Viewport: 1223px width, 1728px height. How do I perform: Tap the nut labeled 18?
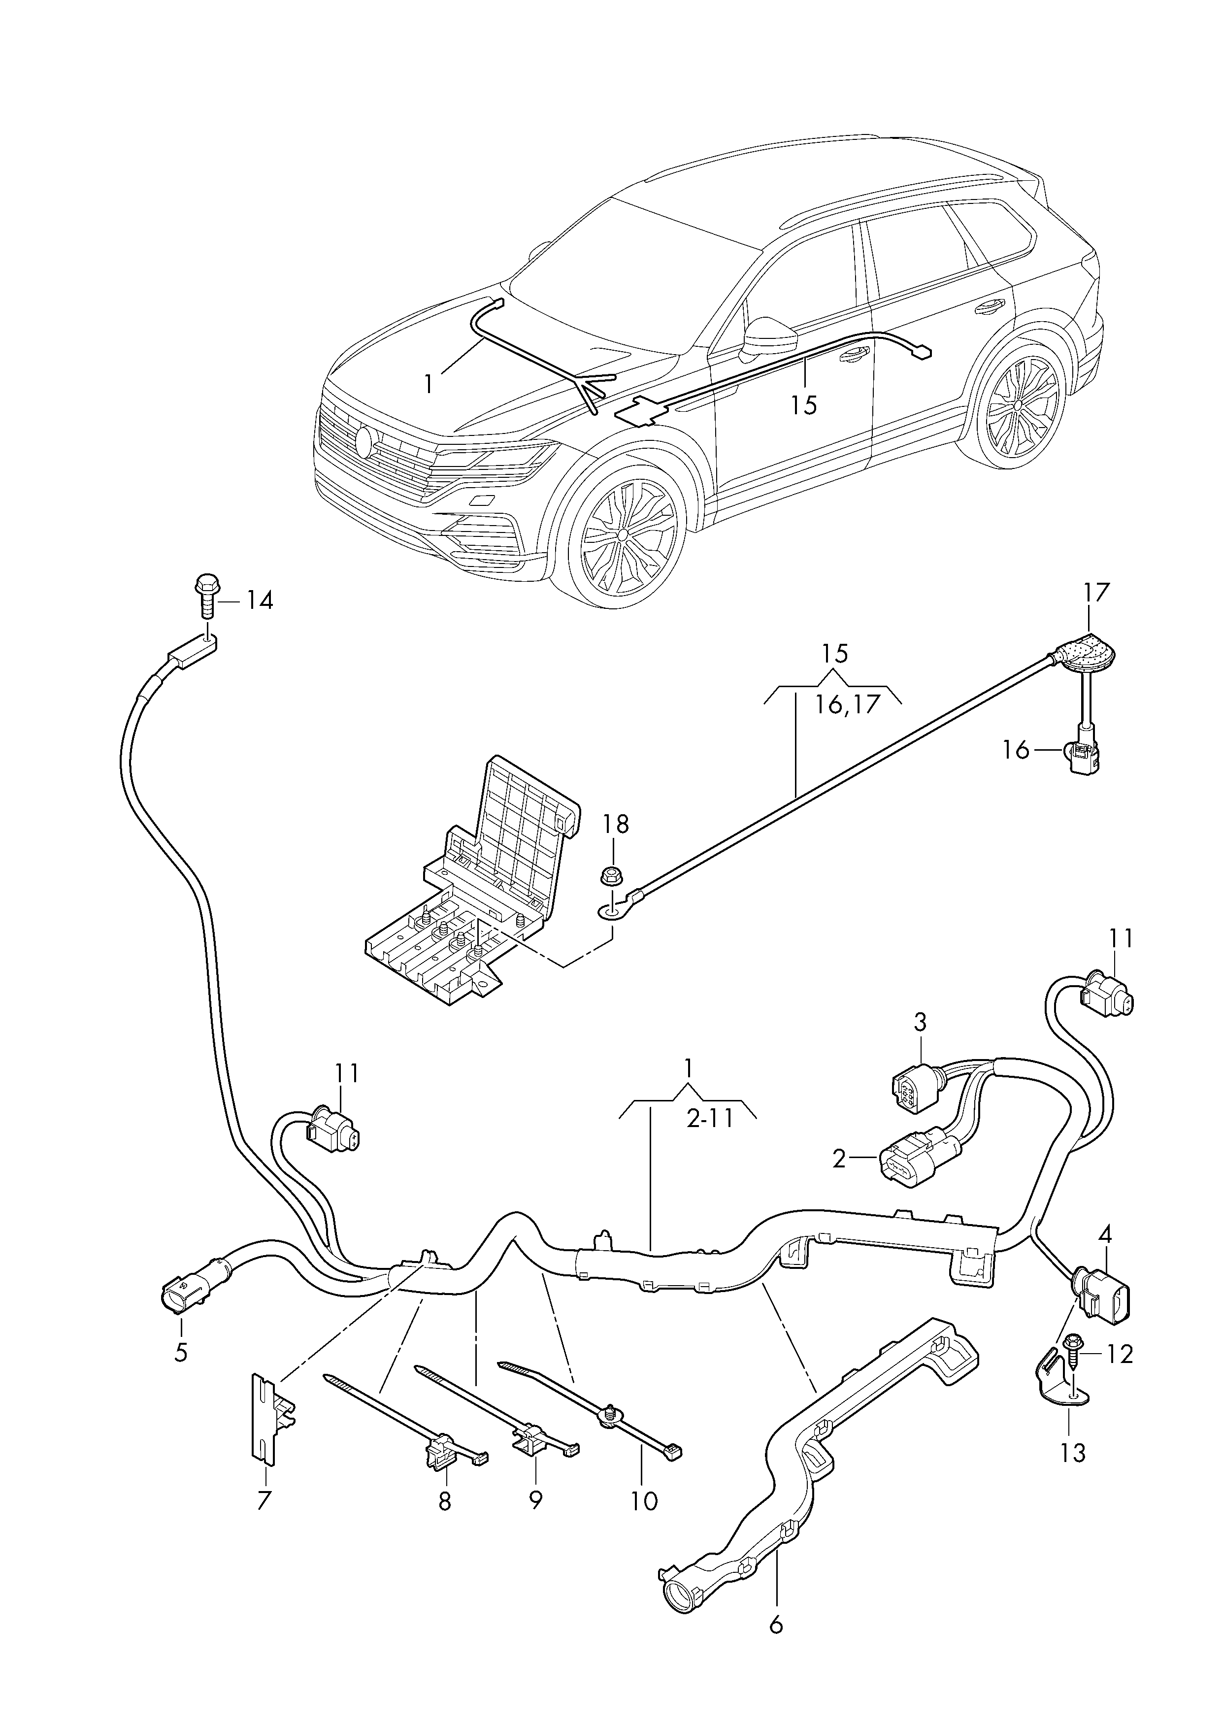point(612,876)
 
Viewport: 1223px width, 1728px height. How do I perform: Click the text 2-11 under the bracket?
point(709,1141)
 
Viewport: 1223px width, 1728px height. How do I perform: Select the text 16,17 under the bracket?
point(847,705)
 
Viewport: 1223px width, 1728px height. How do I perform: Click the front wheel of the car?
point(627,532)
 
